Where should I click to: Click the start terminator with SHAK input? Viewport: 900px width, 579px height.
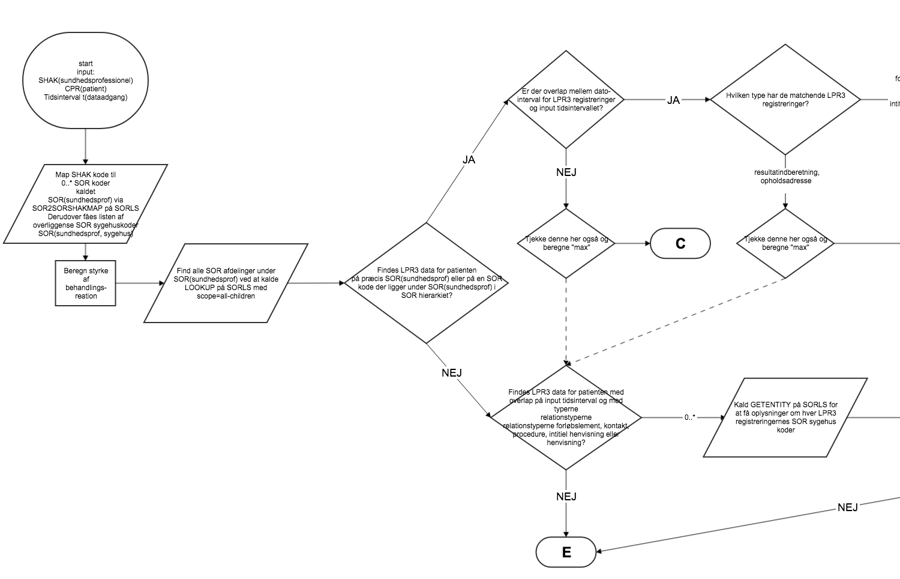tap(86, 80)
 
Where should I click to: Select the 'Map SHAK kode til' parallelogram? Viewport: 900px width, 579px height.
tap(86, 204)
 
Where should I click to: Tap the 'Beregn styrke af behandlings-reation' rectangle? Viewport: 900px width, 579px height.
tap(86, 283)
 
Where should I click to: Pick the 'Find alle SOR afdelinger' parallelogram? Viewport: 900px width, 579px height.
tap(226, 283)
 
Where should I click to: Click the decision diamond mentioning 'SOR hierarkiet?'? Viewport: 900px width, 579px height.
tap(426, 283)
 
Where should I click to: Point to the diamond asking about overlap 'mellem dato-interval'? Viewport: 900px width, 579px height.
tap(566, 100)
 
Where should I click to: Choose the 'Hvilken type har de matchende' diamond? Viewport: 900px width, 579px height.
tap(785, 100)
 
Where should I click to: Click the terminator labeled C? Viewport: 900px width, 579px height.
tap(680, 243)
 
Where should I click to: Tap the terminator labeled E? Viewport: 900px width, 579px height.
tap(566, 552)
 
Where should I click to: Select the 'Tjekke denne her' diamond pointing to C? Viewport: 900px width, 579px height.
tap(566, 243)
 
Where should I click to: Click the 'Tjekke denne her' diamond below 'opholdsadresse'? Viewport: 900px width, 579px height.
tap(785, 243)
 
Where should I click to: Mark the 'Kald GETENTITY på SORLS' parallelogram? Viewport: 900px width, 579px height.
tap(785, 417)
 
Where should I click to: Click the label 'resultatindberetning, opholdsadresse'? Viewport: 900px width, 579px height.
tap(786, 177)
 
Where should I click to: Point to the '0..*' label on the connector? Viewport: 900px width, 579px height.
tap(689, 417)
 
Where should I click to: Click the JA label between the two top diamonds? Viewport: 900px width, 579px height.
tap(673, 100)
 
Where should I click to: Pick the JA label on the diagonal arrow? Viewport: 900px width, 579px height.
tap(469, 160)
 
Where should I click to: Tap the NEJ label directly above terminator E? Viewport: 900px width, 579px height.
tap(566, 497)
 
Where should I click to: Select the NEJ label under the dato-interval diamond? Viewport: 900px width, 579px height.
tap(566, 172)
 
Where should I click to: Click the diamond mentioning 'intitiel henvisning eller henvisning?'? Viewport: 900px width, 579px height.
tap(566, 417)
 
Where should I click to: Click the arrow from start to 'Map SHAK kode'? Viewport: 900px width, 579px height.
tap(86, 146)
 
